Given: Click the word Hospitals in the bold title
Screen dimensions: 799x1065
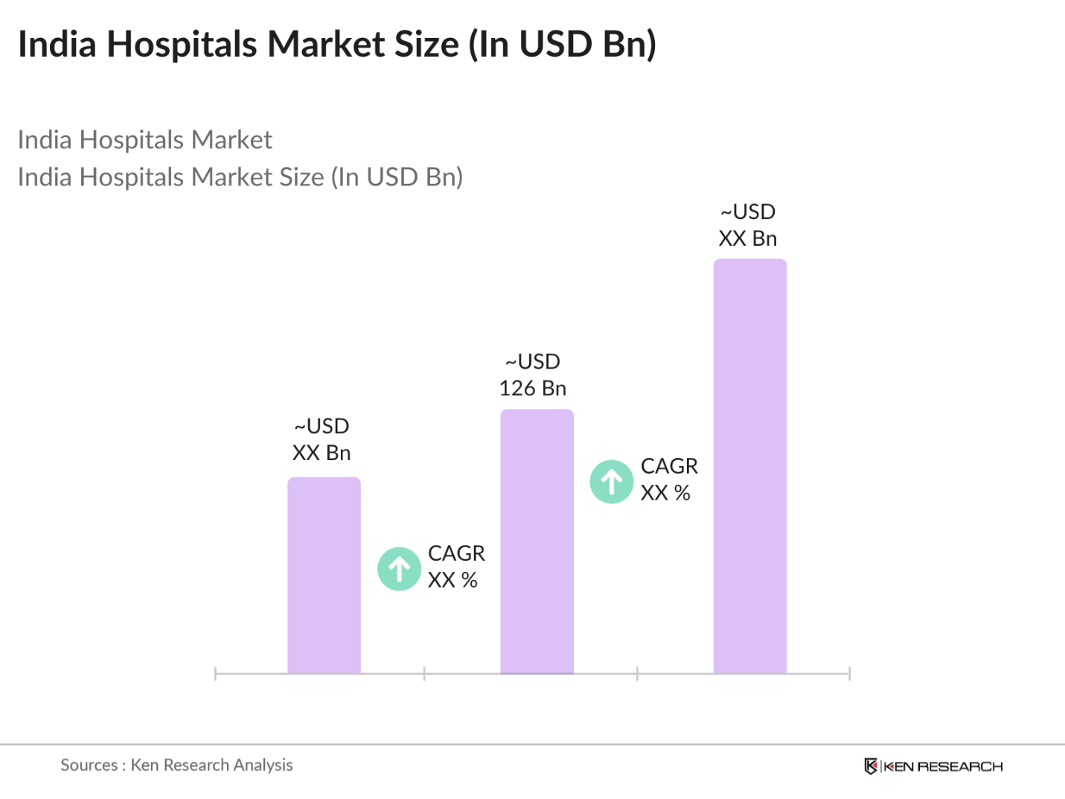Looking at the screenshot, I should pos(182,44).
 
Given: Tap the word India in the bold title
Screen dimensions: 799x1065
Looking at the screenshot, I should pos(57,44).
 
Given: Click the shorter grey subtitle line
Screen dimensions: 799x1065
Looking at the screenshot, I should pos(145,140).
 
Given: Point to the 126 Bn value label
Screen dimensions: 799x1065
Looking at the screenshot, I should pos(533,389).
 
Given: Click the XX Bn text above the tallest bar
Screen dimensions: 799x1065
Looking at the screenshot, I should pos(748,239).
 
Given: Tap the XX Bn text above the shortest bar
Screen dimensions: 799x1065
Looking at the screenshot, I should pos(322,453).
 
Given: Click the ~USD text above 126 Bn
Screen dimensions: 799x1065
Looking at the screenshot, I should pos(533,362).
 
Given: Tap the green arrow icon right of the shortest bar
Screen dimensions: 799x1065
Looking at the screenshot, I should pos(400,569).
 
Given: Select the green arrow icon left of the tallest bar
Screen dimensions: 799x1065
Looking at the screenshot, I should pos(612,482).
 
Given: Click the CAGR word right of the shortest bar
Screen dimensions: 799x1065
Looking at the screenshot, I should pos(456,553).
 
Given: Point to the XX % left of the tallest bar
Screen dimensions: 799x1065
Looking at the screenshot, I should pos(665,493).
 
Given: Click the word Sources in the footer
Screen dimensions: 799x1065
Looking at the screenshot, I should pos(89,765).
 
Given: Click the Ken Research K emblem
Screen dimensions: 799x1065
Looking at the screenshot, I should pos(871,766).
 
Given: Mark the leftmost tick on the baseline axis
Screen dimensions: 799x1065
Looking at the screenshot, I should pos(215,674).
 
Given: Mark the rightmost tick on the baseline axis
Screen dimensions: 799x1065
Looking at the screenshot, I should pos(849,674).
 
